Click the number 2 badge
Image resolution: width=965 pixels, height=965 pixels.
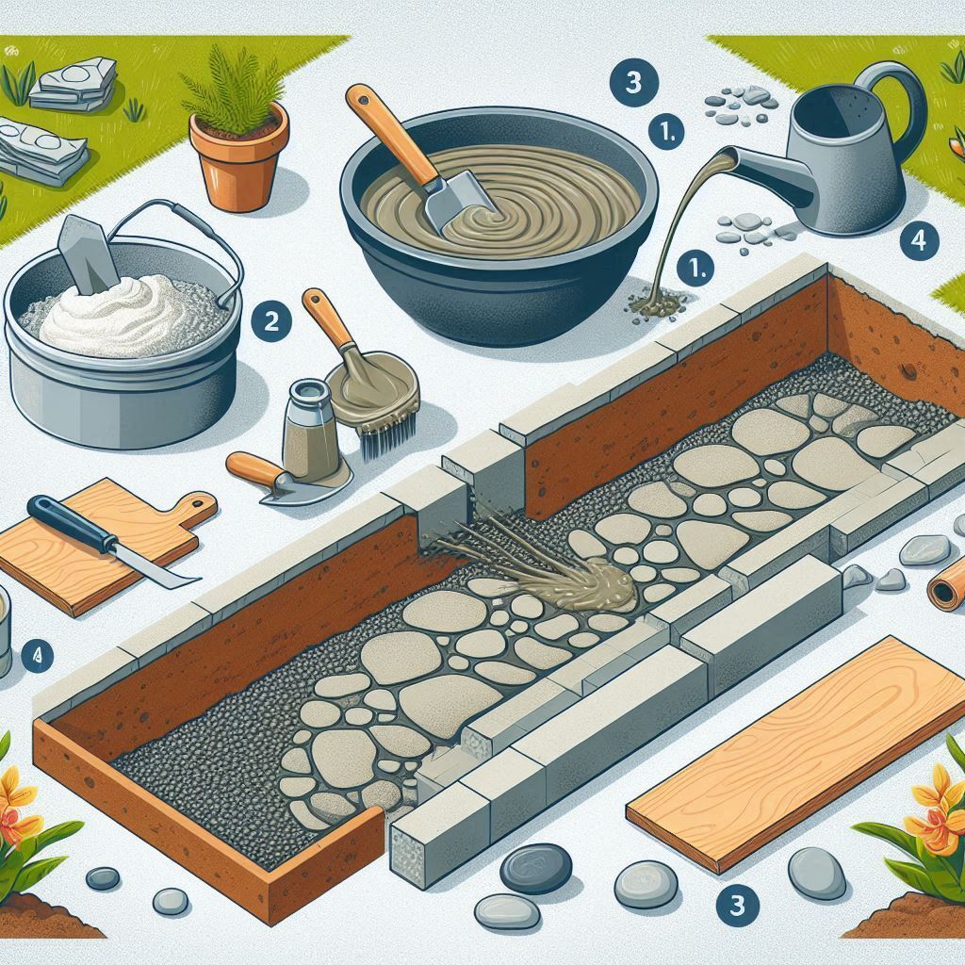(271, 320)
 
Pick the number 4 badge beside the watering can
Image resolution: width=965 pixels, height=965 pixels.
(918, 240)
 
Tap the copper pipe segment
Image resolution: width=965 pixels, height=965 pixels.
(946, 593)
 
